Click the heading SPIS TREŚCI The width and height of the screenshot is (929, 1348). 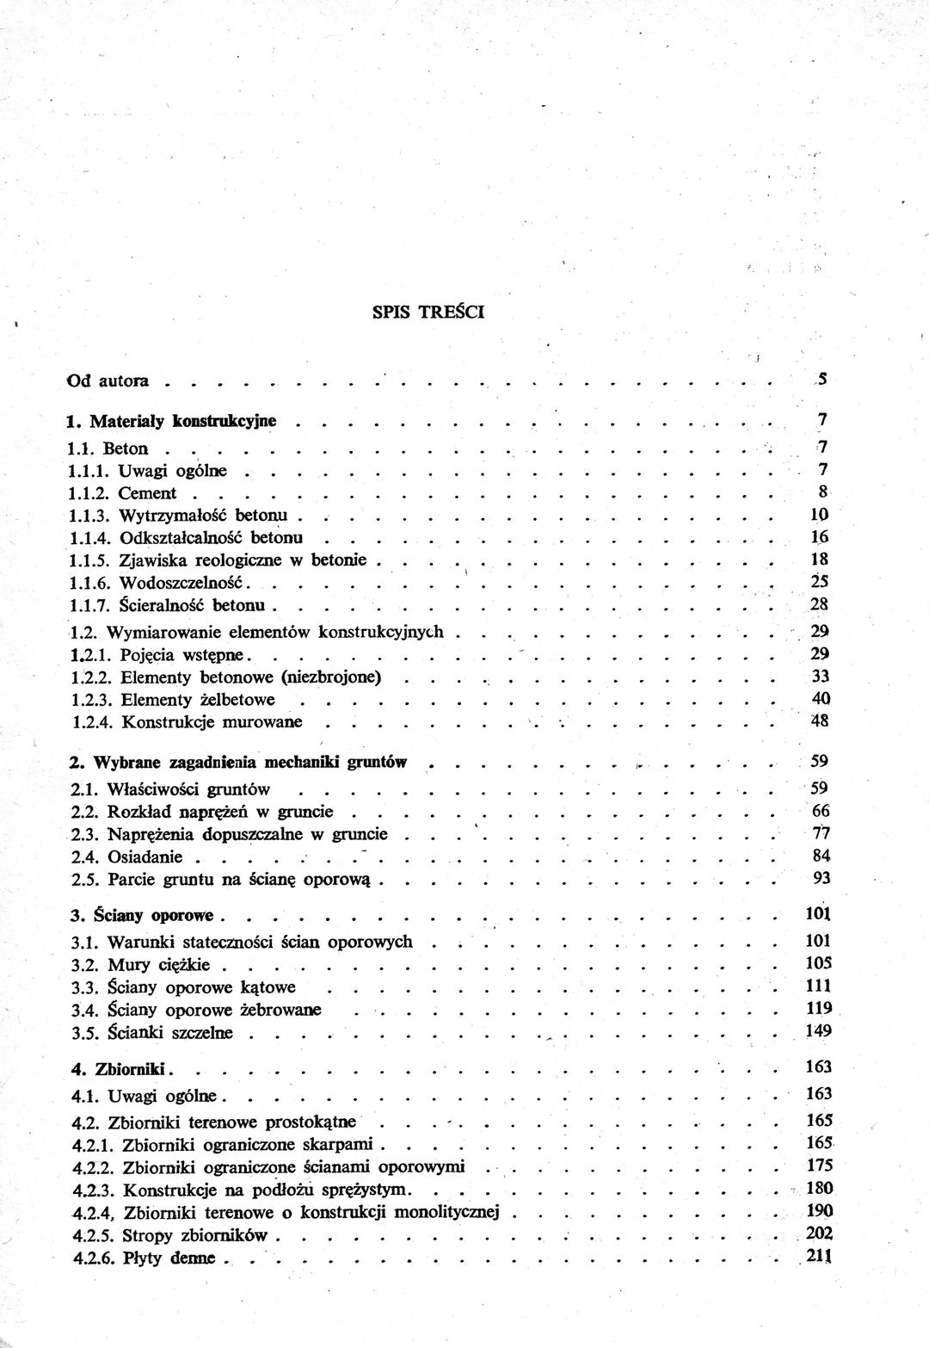click(428, 312)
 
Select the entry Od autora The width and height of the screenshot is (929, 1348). click(108, 380)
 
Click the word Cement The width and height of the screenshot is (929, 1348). click(147, 493)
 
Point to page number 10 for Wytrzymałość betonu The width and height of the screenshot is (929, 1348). click(819, 515)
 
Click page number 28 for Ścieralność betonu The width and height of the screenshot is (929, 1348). click(819, 604)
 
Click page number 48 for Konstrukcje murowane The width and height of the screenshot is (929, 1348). click(819, 721)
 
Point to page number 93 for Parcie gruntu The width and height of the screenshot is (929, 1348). click(821, 878)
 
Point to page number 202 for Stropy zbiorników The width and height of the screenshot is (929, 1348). click(821, 1234)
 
